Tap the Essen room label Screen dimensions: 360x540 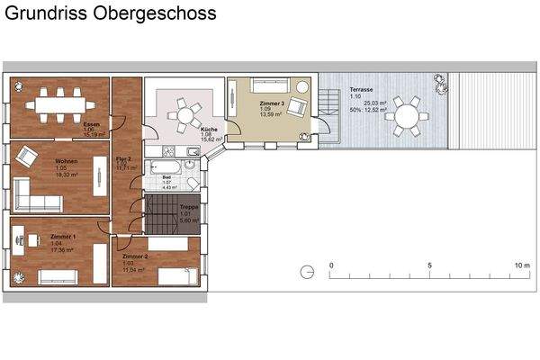pyautogui.click(x=90, y=124)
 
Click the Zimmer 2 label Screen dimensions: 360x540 pyautogui.click(x=135, y=256)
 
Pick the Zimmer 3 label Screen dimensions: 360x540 pyautogui.click(x=272, y=104)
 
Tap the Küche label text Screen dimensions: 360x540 pyautogui.click(x=208, y=129)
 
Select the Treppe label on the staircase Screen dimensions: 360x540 pyautogui.click(x=189, y=207)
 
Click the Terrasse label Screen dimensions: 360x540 pyautogui.click(x=363, y=90)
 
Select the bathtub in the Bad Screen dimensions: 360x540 pyautogui.click(x=167, y=168)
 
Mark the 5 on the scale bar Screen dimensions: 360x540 pyautogui.click(x=430, y=265)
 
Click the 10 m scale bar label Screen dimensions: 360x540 pyautogui.click(x=522, y=265)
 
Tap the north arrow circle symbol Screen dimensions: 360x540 pyautogui.click(x=306, y=273)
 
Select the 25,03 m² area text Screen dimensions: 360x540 pyautogui.click(x=376, y=103)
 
